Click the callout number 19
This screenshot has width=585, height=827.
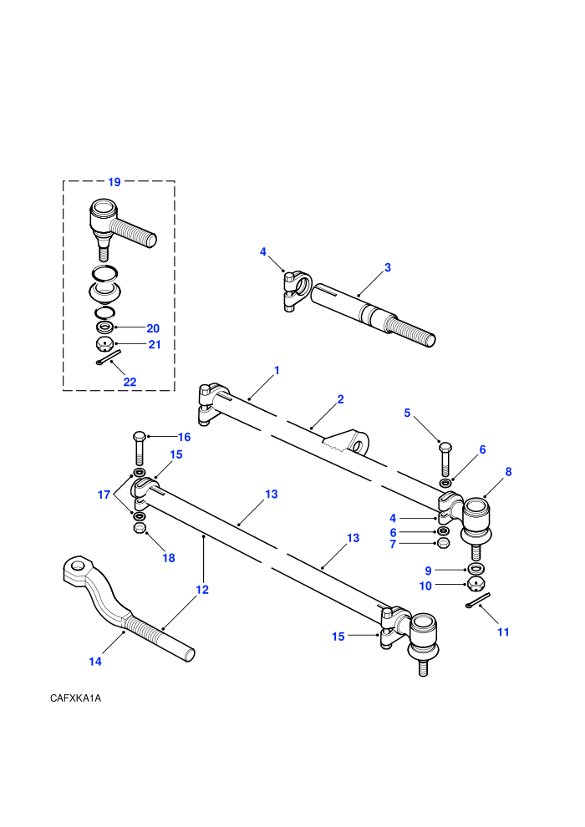coord(114,182)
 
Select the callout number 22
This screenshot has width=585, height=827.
coord(130,382)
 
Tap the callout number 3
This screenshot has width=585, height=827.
coord(388,267)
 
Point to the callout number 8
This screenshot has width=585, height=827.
coord(508,471)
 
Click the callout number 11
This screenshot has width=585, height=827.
coord(503,632)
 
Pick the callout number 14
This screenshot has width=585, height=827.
coord(95,662)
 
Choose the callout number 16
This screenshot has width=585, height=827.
coord(184,437)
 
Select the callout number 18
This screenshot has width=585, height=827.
coord(168,558)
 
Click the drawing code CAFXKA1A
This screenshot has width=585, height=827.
coord(75,698)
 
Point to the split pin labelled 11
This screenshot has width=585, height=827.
coord(478,601)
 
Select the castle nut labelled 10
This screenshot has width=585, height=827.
coord(476,584)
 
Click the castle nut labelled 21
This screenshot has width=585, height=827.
coord(104,345)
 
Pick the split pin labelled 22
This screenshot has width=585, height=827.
coord(109,357)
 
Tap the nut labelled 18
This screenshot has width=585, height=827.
coord(140,528)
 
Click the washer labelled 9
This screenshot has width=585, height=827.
coord(476,569)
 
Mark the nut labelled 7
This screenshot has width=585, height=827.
coord(444,543)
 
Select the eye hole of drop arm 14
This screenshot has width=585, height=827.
coord(79,566)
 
